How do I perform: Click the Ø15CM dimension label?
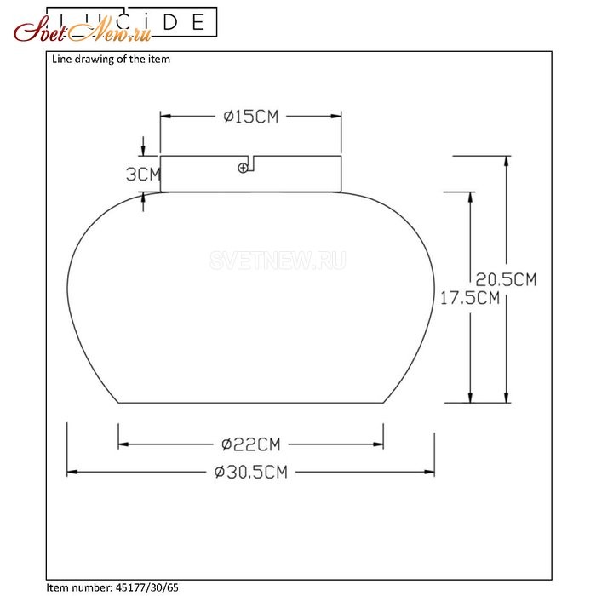tap(251, 117)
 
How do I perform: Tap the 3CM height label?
tap(143, 175)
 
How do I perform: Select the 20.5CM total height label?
tap(506, 280)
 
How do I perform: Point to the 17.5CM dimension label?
tap(470, 298)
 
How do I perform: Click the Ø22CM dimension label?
tap(251, 444)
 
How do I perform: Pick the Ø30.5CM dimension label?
tap(251, 472)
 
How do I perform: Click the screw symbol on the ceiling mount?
tap(243, 168)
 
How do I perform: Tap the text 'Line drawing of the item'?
tap(111, 60)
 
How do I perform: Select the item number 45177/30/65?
tap(146, 587)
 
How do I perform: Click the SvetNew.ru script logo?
tap(83, 32)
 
